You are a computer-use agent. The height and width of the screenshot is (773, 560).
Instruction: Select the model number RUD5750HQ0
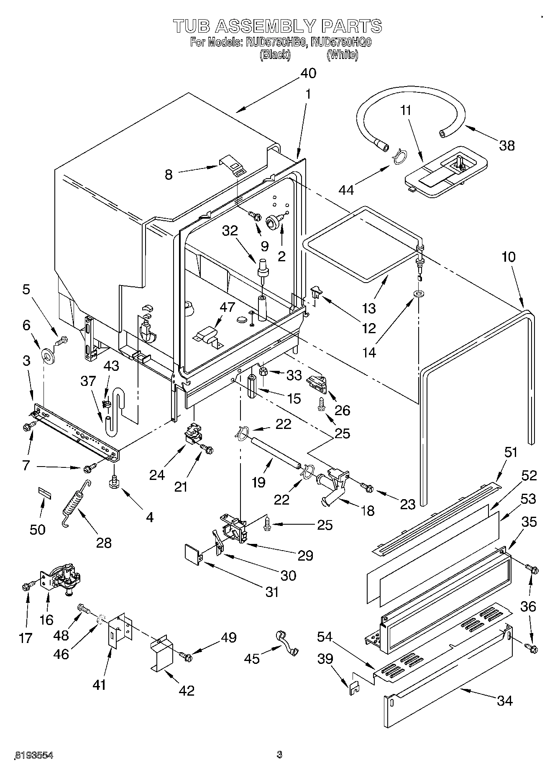[x=342, y=42]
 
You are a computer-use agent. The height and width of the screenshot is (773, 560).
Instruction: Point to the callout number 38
[x=507, y=145]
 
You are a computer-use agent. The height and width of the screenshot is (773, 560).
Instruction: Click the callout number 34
[x=505, y=700]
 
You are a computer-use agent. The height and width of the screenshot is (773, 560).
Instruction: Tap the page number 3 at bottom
[x=279, y=755]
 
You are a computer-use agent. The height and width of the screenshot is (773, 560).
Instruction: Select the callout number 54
[x=325, y=637]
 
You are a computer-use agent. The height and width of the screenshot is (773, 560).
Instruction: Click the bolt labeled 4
[x=114, y=482]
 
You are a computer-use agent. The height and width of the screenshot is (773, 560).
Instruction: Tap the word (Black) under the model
[x=275, y=55]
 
